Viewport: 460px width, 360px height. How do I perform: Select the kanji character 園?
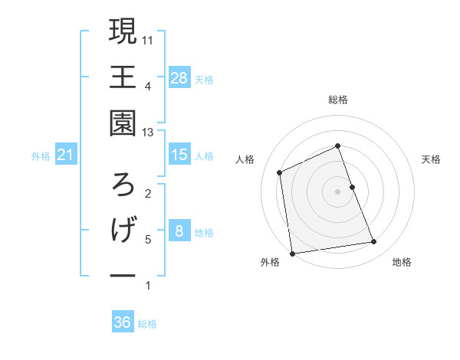(x=123, y=123)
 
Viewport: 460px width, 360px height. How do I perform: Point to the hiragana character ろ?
(x=123, y=184)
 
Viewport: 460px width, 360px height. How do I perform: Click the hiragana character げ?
(x=123, y=230)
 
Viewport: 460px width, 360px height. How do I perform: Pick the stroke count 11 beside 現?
(x=149, y=40)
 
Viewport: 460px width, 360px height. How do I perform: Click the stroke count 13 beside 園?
(x=149, y=133)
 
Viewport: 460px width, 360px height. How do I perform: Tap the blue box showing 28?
(x=179, y=77)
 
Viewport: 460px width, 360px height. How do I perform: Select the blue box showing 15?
(x=179, y=155)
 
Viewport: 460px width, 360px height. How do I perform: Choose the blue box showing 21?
(x=66, y=155)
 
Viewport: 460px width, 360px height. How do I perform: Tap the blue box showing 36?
(x=123, y=322)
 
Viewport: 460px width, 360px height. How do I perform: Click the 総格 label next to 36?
(x=147, y=324)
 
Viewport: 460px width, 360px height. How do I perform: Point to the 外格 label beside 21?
(x=41, y=156)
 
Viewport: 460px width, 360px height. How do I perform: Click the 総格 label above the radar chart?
(x=337, y=100)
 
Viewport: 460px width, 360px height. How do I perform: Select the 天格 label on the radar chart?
(x=432, y=159)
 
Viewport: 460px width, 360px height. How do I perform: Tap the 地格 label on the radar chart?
(x=402, y=263)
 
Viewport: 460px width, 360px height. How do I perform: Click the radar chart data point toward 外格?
(x=292, y=253)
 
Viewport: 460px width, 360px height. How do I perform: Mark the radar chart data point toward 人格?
(x=280, y=172)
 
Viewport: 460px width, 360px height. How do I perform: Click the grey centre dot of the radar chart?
(x=337, y=191)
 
